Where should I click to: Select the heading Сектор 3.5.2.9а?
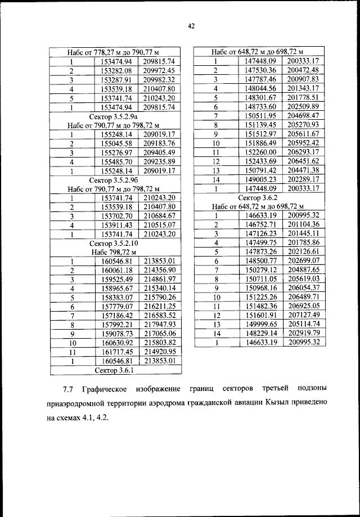coord(114,115)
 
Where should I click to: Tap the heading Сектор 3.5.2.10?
coord(114,243)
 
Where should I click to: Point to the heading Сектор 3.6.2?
coord(257,197)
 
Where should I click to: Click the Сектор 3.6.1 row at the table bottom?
coord(114,370)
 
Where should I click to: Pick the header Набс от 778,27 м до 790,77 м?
coord(114,52)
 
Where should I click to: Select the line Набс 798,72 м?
coord(114,252)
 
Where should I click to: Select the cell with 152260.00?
coord(260,152)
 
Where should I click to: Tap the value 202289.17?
coord(303,179)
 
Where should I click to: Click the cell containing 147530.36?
coord(260,70)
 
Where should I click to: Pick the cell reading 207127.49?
coord(303,316)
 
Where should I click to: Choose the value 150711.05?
coord(260,279)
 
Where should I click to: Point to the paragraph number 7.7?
coord(68,389)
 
